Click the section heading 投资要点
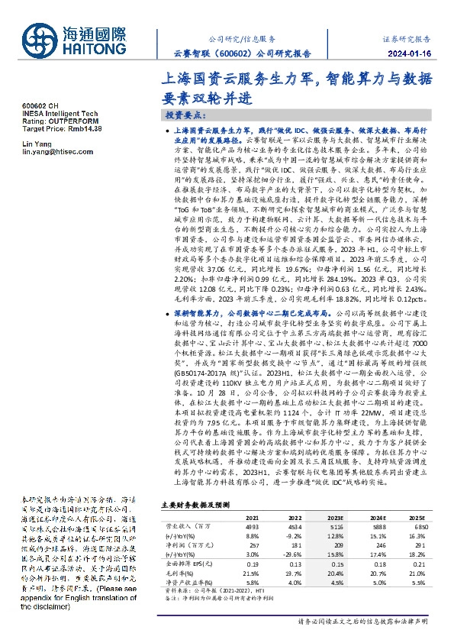(185, 115)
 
